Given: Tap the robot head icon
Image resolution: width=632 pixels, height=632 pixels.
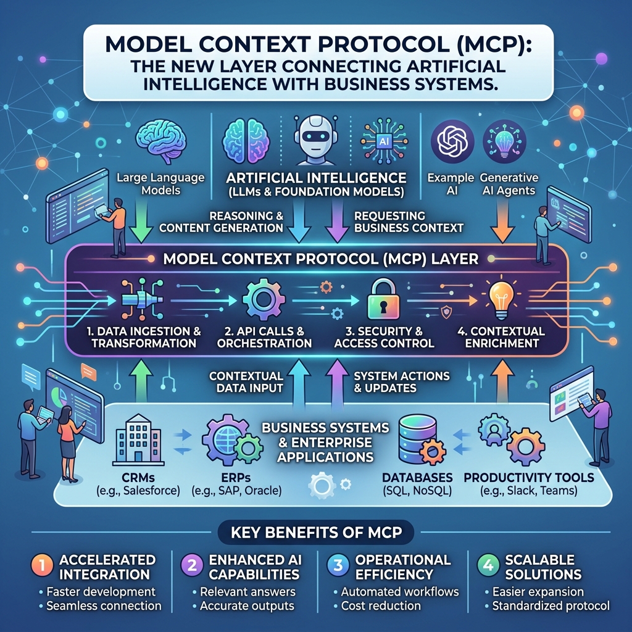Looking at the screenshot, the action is tap(315, 140).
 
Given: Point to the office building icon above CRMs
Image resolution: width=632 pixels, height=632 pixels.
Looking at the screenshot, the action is tap(138, 439).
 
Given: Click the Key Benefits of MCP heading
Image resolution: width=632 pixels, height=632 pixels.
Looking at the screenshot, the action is tap(317, 533).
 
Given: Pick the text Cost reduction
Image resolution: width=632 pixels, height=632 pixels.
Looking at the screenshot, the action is tap(381, 606).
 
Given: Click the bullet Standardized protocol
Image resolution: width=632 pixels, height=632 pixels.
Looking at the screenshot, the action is tap(551, 606).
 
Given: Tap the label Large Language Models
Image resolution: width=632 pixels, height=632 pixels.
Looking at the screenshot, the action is tap(160, 184).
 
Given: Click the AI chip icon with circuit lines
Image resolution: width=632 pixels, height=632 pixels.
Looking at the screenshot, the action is tap(384, 141).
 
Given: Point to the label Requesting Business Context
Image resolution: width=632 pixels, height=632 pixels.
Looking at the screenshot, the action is tap(409, 222).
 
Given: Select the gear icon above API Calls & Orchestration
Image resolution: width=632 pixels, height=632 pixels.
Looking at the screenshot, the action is tap(264, 299).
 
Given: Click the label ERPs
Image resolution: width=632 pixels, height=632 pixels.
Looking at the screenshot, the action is tap(236, 478).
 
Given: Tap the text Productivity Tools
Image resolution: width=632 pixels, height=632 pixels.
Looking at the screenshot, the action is tap(529, 478).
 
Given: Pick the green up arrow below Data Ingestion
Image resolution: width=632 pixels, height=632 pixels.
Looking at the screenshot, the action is tap(141, 381).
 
